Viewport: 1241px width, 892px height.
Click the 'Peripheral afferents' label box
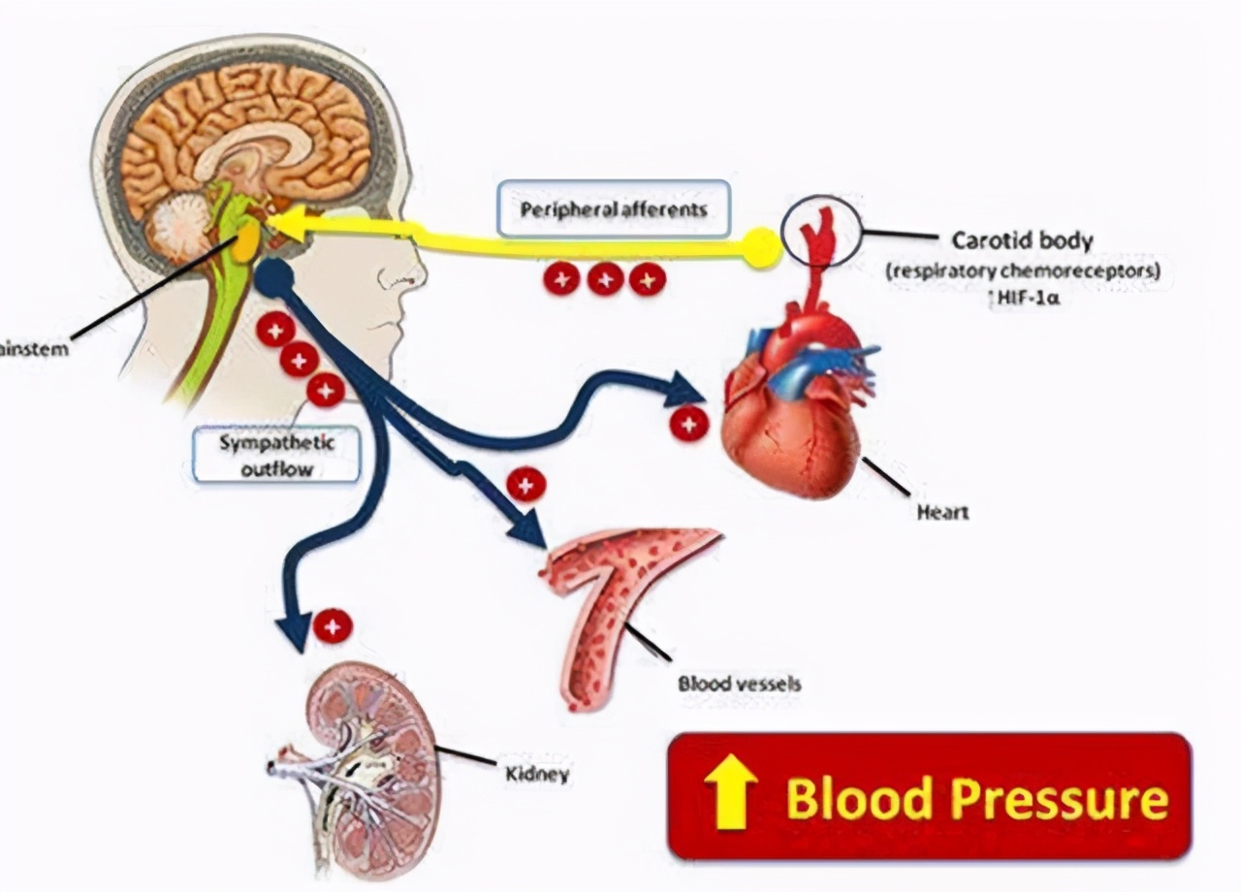coord(613,208)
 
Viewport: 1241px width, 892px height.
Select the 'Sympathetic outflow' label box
coord(276,456)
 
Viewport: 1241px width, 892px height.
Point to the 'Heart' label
coord(942,511)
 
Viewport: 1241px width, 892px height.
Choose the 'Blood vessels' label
coord(740,684)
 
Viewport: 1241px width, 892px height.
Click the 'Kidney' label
coord(537,774)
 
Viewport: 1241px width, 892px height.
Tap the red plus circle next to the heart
coord(689,424)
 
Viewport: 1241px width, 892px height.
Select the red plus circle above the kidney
coord(333,626)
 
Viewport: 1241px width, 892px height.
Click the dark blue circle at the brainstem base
coord(274,277)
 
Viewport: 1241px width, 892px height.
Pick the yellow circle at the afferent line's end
coord(762,248)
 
